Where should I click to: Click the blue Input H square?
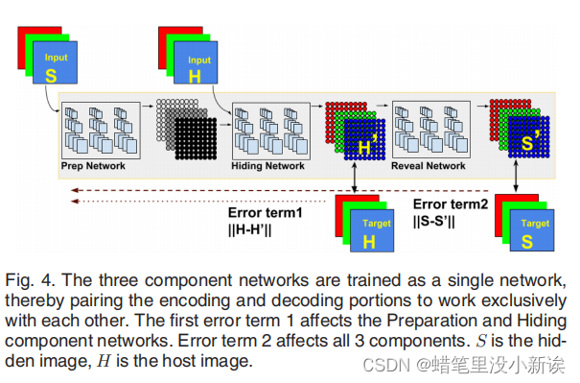click(x=195, y=67)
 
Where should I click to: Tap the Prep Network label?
click(x=93, y=166)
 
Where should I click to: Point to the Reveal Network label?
click(x=428, y=166)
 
